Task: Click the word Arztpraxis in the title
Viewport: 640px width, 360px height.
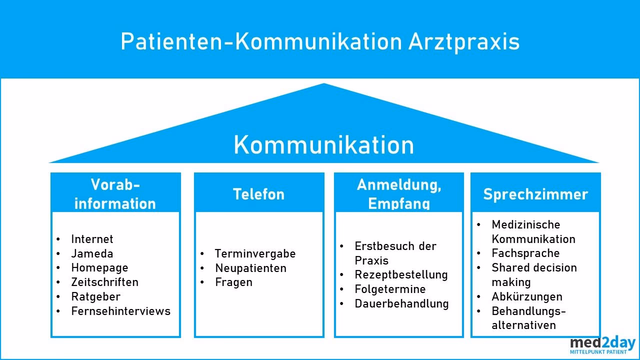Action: [x=464, y=42]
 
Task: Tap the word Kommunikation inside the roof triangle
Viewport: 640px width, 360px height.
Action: [x=323, y=145]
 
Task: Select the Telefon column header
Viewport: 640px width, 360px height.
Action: [x=258, y=194]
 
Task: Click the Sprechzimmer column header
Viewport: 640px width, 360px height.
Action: [x=535, y=194]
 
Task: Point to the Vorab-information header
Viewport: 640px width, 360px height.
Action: [x=115, y=194]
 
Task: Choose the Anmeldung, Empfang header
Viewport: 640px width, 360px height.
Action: [x=399, y=194]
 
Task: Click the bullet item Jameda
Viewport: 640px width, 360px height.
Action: [x=92, y=253]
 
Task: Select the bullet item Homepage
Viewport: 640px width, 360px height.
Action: [x=99, y=267]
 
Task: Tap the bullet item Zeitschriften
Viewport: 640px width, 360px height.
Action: [x=104, y=282]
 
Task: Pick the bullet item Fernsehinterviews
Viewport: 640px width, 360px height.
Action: [x=120, y=311]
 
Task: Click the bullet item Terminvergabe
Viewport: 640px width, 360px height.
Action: [x=255, y=253]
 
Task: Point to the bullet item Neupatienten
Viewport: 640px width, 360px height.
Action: [x=250, y=268]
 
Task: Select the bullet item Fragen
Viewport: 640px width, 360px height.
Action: [x=233, y=282]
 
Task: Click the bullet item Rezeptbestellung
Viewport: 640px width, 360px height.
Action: [x=401, y=274]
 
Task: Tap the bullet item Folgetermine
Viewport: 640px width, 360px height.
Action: [x=390, y=289]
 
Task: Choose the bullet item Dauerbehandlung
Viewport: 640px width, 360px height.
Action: [x=401, y=303]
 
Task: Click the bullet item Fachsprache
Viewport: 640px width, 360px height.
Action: [x=525, y=253]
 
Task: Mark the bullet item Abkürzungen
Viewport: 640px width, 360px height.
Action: [x=527, y=296]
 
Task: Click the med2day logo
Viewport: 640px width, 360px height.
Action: [x=602, y=345]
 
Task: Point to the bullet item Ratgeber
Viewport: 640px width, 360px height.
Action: [x=95, y=296]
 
